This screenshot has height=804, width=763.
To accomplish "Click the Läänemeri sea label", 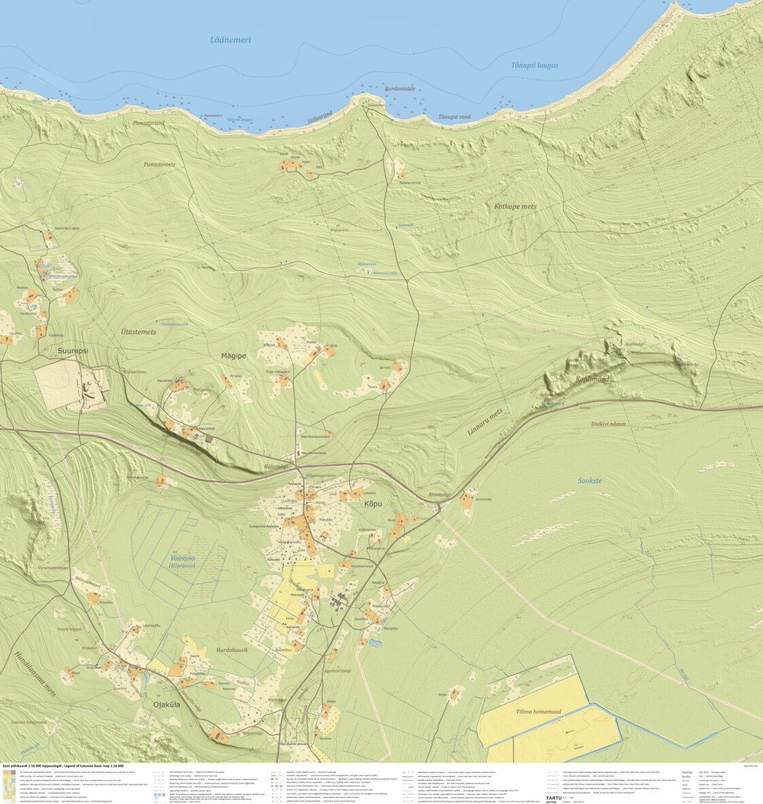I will click(230, 40).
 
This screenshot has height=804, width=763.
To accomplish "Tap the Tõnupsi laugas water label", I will click(534, 65).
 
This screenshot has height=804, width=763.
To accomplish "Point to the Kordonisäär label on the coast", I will click(400, 89).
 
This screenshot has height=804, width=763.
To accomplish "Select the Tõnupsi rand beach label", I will click(455, 117).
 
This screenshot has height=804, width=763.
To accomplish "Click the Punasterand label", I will click(149, 123).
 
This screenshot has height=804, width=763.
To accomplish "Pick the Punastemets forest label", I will click(160, 164).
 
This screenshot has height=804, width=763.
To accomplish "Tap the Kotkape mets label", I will click(514, 206).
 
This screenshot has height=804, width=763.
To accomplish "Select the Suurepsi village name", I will click(73, 351).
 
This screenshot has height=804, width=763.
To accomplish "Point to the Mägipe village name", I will click(234, 355).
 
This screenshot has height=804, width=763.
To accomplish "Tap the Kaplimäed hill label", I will click(592, 379).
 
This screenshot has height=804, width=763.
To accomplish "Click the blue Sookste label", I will click(589, 480).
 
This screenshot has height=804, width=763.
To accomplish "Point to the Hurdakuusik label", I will click(232, 650).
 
